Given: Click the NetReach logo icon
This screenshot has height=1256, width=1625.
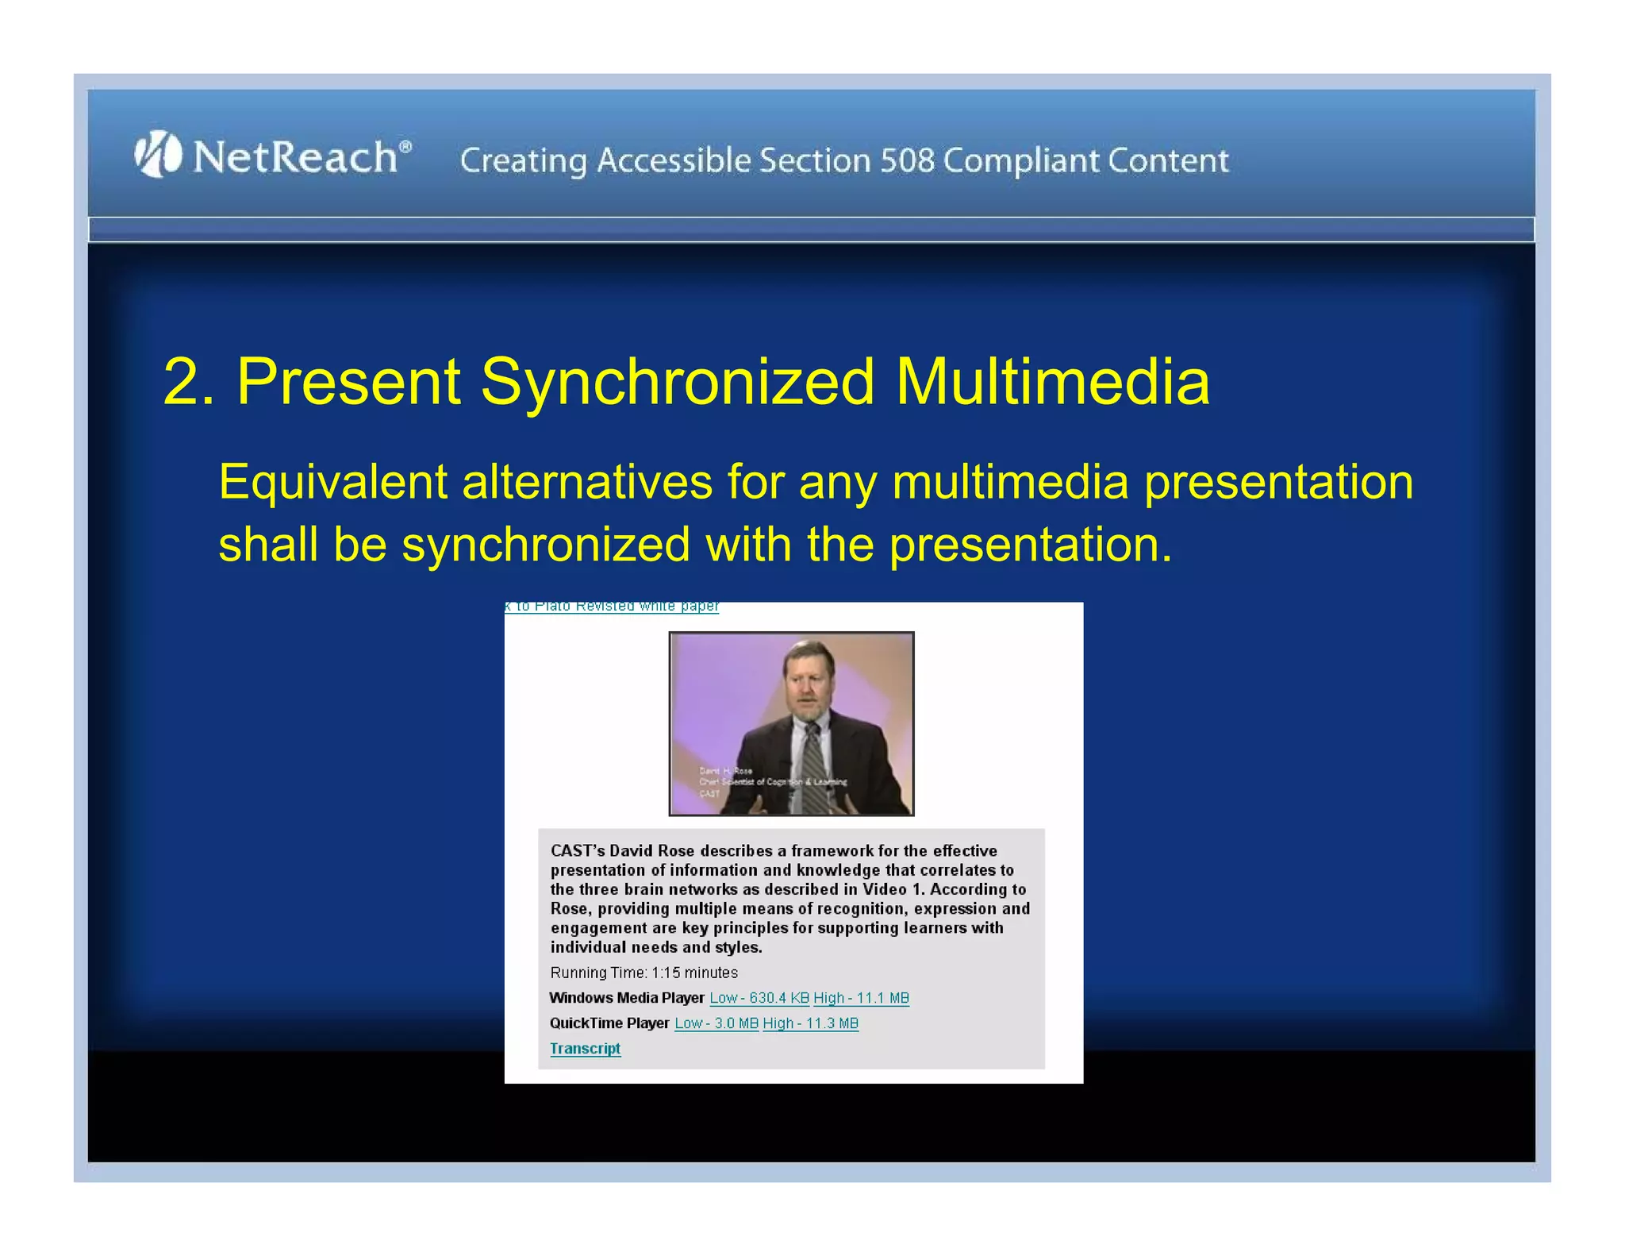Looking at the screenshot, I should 157,154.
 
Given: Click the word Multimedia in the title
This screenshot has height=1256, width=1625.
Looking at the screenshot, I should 1052,382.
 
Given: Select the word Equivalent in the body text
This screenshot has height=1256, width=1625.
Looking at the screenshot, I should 332,482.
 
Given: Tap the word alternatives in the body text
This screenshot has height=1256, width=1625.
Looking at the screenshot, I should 587,482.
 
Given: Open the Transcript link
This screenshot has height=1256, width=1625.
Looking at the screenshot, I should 585,1048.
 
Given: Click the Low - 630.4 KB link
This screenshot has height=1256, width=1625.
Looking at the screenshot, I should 759,998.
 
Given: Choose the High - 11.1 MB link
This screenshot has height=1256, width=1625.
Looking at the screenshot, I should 861,998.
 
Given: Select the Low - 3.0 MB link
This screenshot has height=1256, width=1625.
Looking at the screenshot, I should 716,1023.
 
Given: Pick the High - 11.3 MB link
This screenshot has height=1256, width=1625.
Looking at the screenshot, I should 810,1023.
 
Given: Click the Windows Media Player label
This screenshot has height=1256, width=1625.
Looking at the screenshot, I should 626,998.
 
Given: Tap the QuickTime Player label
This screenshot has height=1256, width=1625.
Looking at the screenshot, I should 609,1023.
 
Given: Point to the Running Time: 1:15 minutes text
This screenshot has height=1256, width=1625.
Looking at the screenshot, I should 643,973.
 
